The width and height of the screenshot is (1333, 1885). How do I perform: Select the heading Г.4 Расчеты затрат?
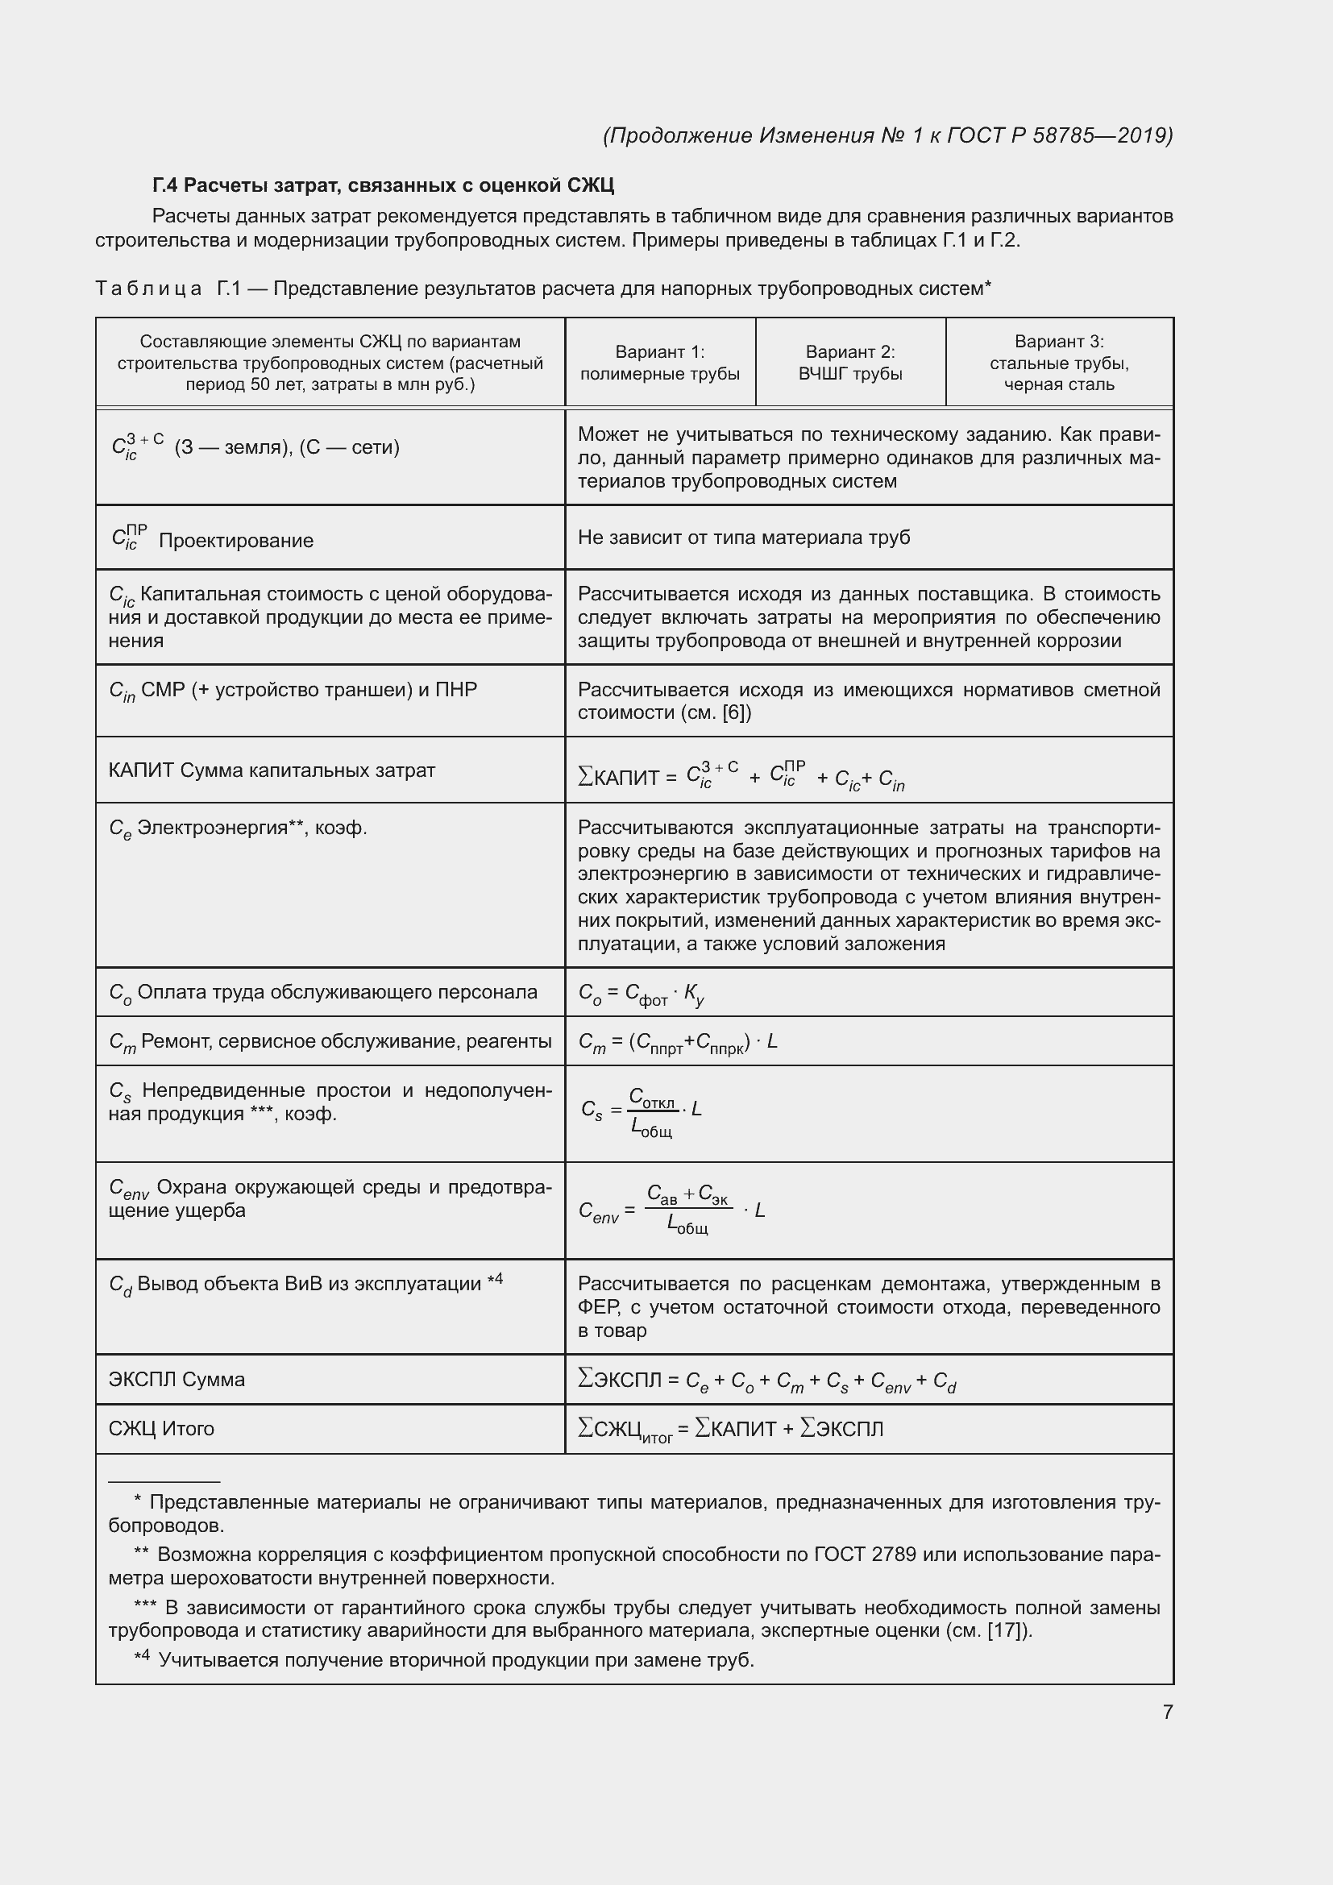tap(383, 185)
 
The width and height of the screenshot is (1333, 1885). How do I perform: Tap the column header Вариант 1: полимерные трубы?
tap(660, 363)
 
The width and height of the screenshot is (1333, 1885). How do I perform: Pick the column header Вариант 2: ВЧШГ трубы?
tap(850, 363)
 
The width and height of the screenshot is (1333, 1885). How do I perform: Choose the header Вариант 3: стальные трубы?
tap(1059, 363)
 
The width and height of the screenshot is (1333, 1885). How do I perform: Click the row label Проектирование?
tap(235, 540)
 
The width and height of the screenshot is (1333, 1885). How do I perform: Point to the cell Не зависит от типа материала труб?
tap(744, 538)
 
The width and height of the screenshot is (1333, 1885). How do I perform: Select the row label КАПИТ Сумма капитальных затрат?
tap(272, 770)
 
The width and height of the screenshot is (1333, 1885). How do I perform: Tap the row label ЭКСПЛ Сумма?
tap(176, 1379)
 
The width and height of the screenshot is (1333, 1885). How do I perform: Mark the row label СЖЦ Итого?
tap(162, 1429)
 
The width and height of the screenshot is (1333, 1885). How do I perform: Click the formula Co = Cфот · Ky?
tap(641, 994)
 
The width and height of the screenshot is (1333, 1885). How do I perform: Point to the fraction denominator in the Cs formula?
tap(652, 1129)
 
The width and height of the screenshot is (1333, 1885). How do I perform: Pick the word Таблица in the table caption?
tap(148, 289)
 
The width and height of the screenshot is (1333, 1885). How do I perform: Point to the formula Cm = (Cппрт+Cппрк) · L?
tap(678, 1043)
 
